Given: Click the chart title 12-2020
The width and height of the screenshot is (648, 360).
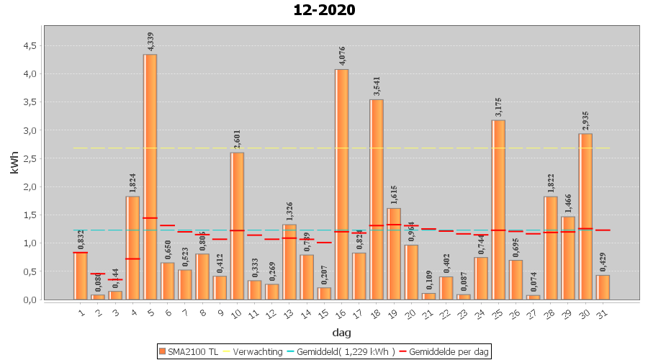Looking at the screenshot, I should (x=324, y=11).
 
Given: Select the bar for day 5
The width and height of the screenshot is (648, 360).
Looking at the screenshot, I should (x=150, y=176).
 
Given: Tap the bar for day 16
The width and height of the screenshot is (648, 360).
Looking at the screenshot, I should (x=341, y=184).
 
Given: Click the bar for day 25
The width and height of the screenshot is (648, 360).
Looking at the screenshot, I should (x=498, y=210).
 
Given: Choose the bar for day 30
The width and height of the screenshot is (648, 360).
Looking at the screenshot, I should (x=585, y=216).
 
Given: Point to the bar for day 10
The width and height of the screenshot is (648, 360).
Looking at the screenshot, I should (x=237, y=226).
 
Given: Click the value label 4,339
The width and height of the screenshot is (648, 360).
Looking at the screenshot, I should (x=150, y=41).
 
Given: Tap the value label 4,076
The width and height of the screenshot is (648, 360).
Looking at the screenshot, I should (x=342, y=56).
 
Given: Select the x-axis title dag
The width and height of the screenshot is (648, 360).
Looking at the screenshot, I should (x=341, y=333).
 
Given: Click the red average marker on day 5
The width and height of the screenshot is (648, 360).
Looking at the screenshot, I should (x=150, y=217).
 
